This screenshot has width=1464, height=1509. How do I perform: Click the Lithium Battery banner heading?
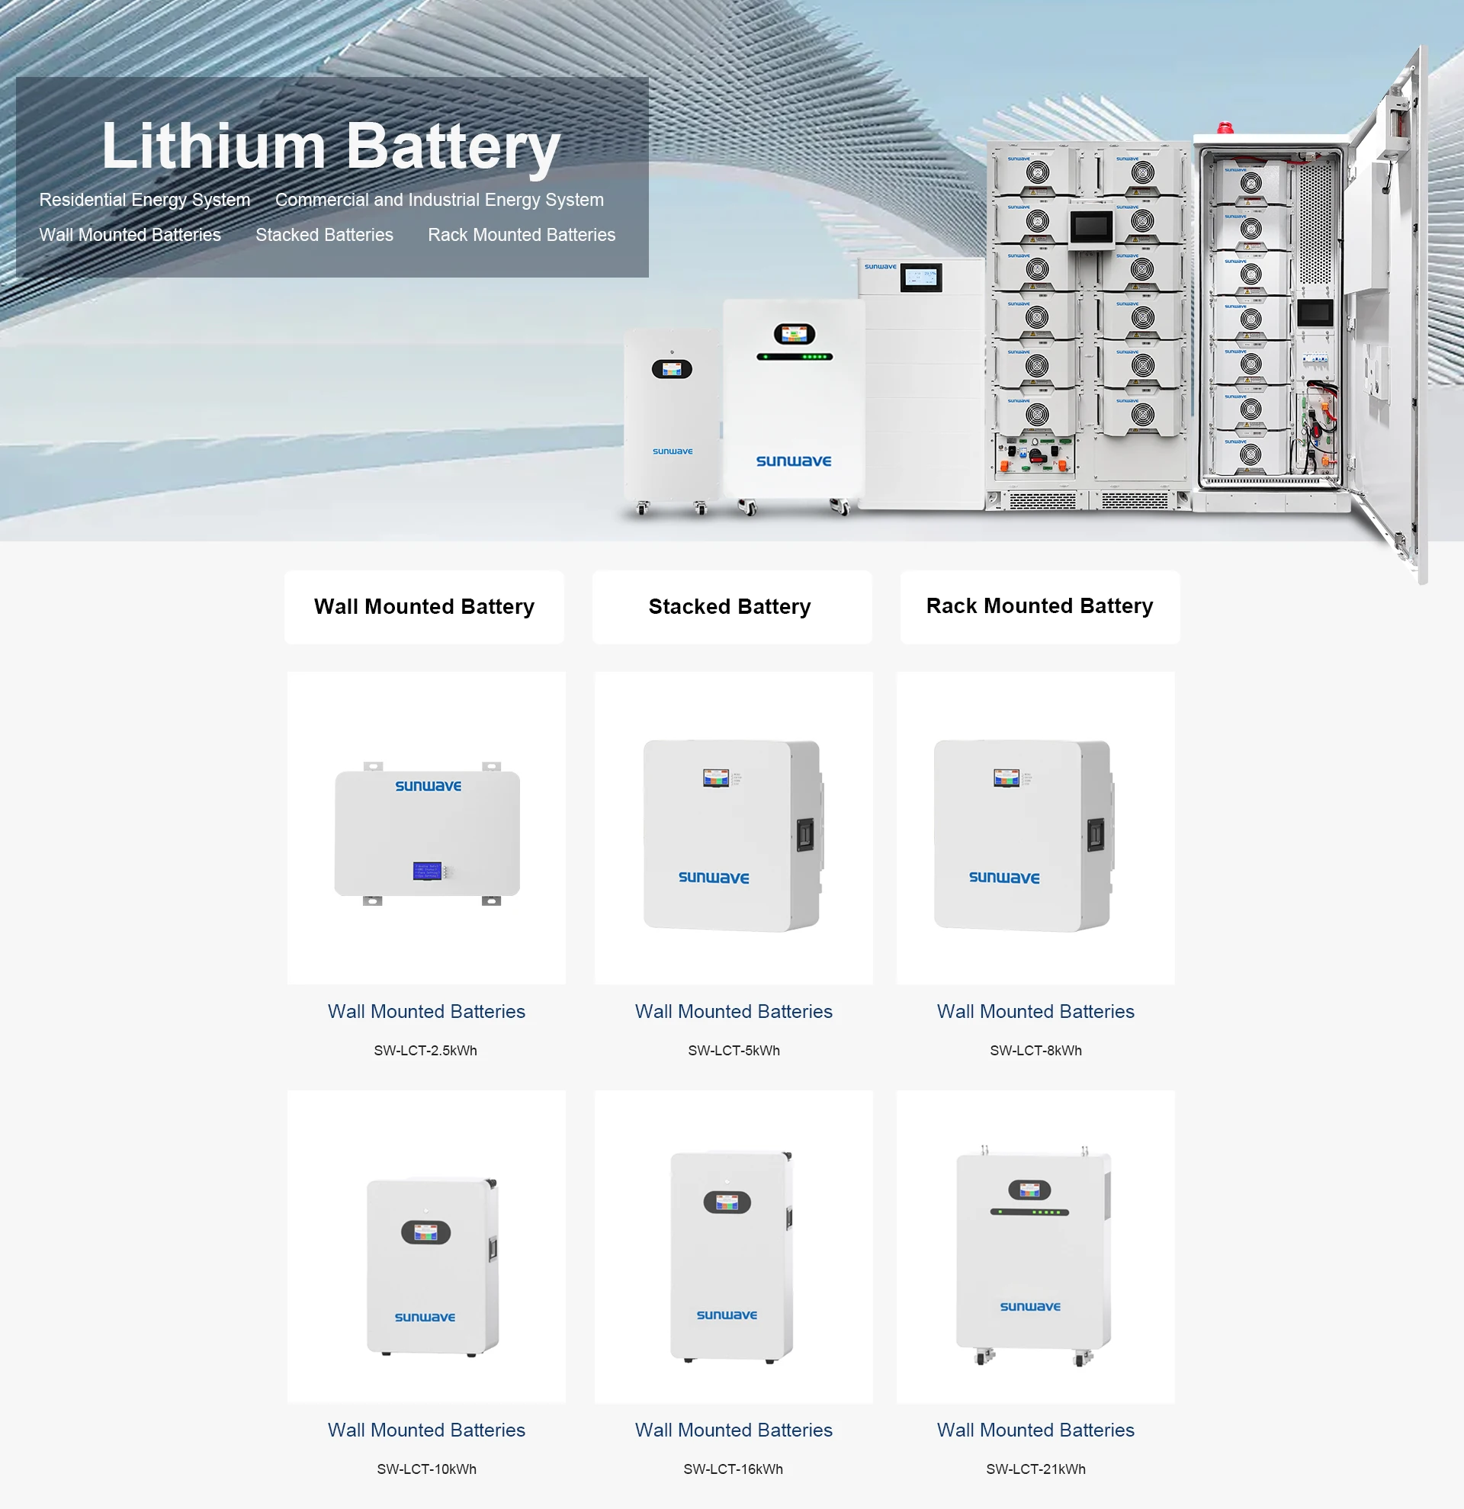331,146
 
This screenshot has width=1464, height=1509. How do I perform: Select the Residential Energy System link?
145,201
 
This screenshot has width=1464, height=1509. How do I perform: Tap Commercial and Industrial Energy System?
438,201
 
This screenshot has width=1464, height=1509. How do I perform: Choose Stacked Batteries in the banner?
324,235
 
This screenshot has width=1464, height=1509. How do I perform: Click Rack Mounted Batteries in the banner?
521,235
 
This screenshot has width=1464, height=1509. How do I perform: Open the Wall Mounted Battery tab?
424,607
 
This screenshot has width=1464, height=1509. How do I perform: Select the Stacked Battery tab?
730,607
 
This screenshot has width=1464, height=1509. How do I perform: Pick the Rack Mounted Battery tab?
1039,606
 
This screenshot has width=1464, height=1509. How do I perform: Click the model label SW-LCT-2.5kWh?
425,1050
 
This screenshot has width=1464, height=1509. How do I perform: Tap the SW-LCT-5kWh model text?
734,1050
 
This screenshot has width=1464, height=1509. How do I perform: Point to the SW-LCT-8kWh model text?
1035,1050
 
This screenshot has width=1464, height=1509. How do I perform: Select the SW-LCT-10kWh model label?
426,1469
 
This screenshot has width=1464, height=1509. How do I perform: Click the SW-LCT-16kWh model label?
733,1469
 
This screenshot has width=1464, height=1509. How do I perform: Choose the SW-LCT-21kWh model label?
1035,1469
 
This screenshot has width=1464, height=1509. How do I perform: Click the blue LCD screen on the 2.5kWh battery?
427,871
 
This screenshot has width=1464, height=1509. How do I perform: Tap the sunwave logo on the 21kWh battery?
1030,1306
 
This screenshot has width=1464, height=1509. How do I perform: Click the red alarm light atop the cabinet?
1224,128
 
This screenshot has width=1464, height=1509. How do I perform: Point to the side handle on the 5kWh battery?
804,835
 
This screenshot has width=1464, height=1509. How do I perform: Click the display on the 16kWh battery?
727,1202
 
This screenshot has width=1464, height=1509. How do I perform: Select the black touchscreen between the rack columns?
1091,227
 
